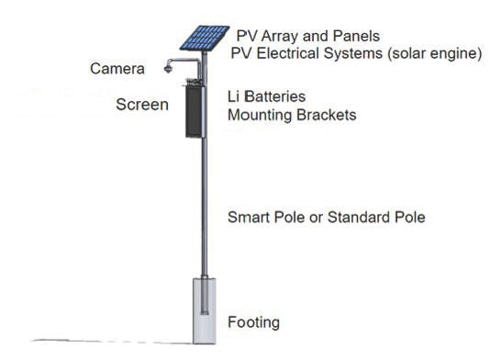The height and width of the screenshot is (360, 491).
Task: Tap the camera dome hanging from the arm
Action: pyautogui.click(x=169, y=69)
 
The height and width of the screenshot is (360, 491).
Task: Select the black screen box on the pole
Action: pyautogui.click(x=195, y=110)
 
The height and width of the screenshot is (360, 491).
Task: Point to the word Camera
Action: pyautogui.click(x=117, y=69)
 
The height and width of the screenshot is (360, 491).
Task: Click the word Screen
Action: pyautogui.click(x=141, y=105)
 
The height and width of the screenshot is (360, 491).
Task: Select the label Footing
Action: pyautogui.click(x=253, y=322)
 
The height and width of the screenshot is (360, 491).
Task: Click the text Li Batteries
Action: pyautogui.click(x=266, y=96)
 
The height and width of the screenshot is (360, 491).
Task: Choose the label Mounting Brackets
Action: pyautogui.click(x=292, y=116)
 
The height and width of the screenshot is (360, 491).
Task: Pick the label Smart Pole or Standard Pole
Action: pyautogui.click(x=326, y=218)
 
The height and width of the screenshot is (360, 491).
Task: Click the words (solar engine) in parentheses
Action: pyautogui.click(x=431, y=53)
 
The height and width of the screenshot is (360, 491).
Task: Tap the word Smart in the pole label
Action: pyautogui.click(x=247, y=218)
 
